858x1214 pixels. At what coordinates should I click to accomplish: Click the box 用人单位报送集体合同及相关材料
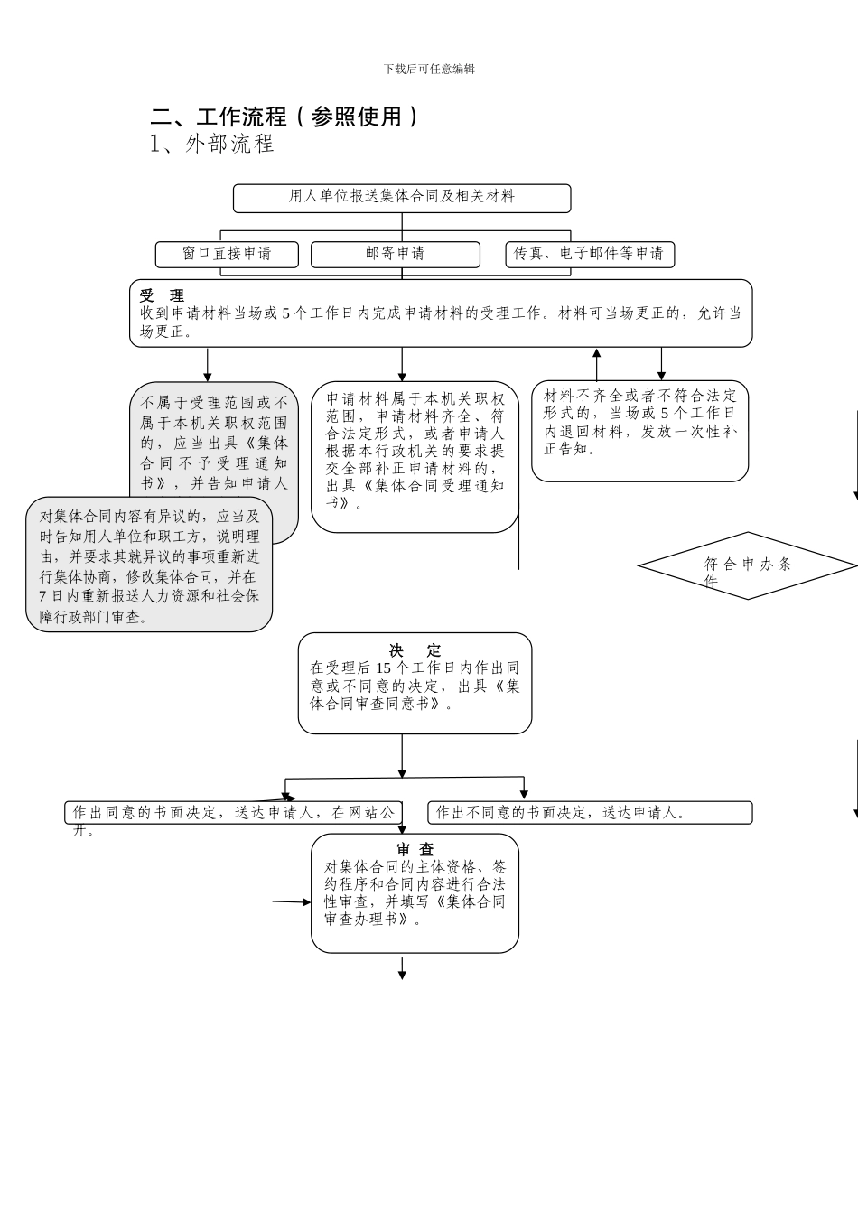tap(402, 198)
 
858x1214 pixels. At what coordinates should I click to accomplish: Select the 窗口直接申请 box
tap(227, 254)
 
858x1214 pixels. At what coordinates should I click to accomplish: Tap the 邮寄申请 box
tap(396, 254)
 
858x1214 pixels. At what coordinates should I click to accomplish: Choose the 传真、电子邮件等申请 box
tap(589, 254)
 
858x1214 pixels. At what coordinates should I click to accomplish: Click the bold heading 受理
tap(162, 296)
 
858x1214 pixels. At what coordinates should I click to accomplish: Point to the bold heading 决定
tap(415, 650)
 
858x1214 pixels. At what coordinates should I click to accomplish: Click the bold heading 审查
tap(415, 850)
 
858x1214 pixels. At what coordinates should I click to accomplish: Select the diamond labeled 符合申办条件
tap(747, 566)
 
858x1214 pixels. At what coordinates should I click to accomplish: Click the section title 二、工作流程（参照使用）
tap(284, 117)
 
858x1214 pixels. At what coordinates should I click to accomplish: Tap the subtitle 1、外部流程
tap(212, 144)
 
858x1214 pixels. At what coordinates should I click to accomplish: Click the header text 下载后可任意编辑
tap(429, 69)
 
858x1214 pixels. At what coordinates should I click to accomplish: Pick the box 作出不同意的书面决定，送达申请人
tap(590, 813)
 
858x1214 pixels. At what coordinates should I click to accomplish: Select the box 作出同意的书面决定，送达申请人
tap(233, 813)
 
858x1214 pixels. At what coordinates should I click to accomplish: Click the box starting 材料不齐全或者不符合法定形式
tap(639, 430)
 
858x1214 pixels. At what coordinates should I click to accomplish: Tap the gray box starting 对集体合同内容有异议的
tap(149, 565)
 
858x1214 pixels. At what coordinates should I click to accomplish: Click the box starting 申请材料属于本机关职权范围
tap(415, 456)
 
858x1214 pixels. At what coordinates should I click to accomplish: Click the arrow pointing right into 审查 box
tap(292, 901)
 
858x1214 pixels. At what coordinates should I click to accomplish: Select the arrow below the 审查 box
tap(402, 968)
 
